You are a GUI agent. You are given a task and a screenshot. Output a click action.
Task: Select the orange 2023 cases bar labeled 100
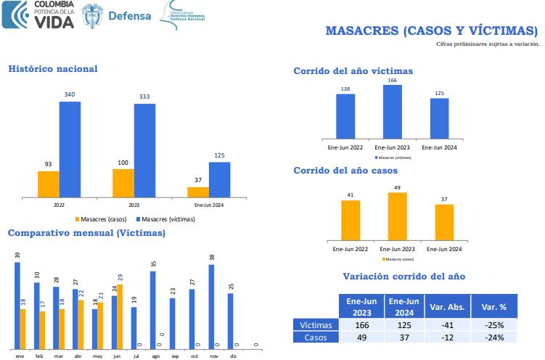tap(123, 183)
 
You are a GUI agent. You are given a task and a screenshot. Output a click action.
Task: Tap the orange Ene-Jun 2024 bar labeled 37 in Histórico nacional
tap(197, 192)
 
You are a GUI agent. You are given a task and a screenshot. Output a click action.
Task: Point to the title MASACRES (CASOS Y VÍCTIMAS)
tap(432, 30)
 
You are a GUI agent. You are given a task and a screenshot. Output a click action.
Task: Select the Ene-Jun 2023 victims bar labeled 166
tap(393, 111)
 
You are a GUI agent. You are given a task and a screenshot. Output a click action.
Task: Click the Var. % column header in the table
tap(493, 306)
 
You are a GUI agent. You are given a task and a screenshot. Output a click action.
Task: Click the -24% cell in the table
tap(493, 337)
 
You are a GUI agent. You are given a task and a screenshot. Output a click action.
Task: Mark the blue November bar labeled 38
tap(211, 306)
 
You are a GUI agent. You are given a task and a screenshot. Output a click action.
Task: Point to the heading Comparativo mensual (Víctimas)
tap(86, 233)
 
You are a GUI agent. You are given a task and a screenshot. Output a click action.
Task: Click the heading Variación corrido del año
tap(403, 277)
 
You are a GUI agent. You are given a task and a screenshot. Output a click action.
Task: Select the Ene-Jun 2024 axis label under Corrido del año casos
tap(444, 249)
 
